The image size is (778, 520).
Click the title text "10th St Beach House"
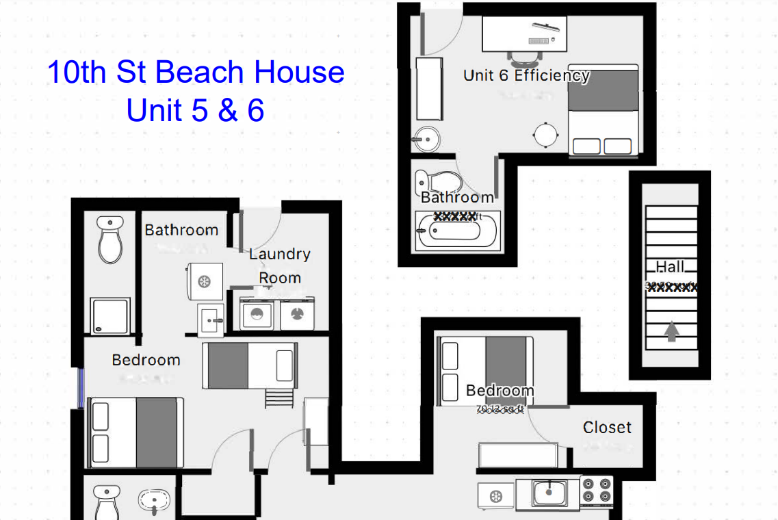(196, 73)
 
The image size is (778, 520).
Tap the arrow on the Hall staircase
(671, 333)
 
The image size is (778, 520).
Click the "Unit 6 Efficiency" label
(526, 75)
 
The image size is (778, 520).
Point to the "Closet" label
(607, 428)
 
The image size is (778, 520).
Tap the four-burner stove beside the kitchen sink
(597, 491)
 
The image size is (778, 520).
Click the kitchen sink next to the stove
(548, 492)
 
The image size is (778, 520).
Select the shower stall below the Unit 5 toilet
(111, 316)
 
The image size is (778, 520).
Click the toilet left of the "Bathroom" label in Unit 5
(110, 240)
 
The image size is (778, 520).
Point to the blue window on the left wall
(81, 388)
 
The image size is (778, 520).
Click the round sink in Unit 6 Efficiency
(426, 140)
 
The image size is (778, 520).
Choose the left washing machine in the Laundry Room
(257, 314)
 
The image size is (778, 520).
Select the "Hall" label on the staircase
(671, 267)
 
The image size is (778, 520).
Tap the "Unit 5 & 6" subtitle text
(196, 110)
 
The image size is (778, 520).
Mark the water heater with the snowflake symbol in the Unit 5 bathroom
(204, 281)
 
